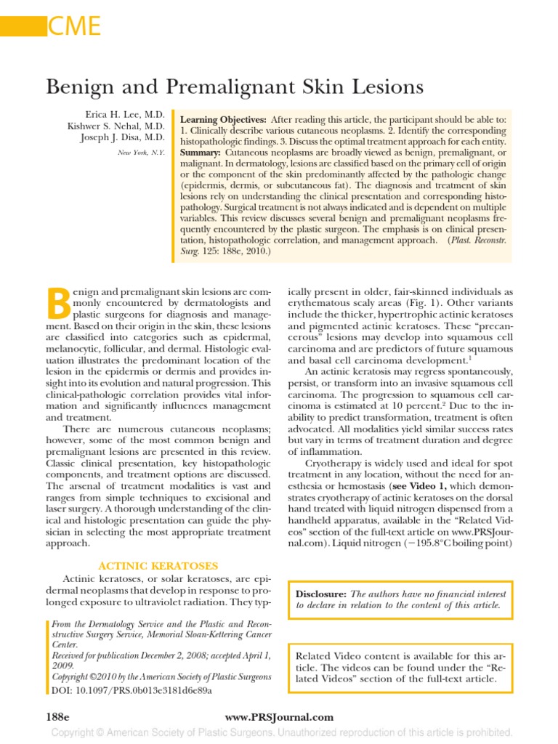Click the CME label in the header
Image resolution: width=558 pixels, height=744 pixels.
[x=73, y=28]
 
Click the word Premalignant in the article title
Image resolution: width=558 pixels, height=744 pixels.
[x=258, y=88]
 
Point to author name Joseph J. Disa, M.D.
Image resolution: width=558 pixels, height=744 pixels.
[x=123, y=139]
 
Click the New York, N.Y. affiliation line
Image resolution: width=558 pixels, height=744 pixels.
[x=141, y=153]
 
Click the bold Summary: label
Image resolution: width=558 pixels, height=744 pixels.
[x=201, y=153]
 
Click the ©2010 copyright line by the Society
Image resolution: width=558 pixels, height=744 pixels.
[x=160, y=676]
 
